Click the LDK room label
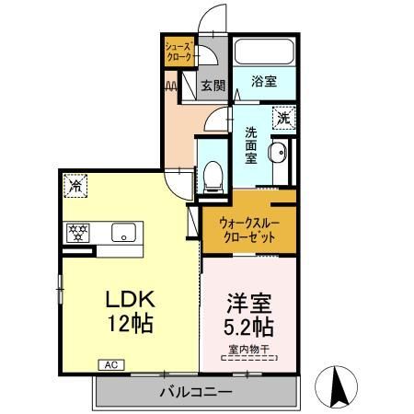129,300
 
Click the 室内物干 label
248,349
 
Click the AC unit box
110,365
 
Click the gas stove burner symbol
75,232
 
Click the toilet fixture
213,175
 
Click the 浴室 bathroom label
264,81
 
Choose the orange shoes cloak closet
178,52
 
